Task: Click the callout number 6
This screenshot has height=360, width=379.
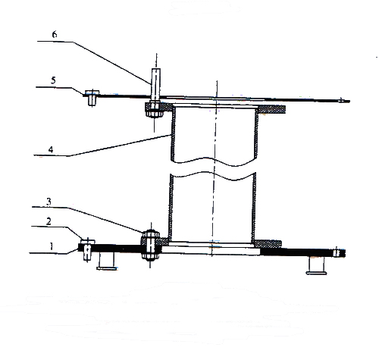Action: click(x=55, y=34)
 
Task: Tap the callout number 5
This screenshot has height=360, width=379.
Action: click(x=53, y=80)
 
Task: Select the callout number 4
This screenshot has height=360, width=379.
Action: click(x=51, y=149)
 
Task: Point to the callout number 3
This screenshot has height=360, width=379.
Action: click(x=49, y=202)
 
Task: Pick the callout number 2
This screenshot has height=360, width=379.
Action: click(x=49, y=221)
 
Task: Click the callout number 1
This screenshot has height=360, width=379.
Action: click(x=52, y=246)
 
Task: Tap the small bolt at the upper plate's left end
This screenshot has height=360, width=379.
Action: click(x=92, y=98)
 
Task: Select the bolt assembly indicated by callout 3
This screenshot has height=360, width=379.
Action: click(x=150, y=245)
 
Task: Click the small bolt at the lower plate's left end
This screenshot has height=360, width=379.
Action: click(x=87, y=249)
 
